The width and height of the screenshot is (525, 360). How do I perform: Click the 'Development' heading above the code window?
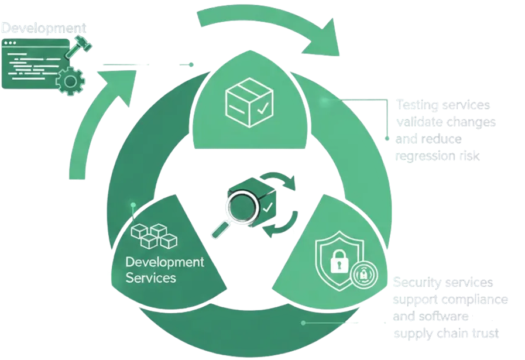click(44, 28)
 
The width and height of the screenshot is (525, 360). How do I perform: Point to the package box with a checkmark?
click(249, 102)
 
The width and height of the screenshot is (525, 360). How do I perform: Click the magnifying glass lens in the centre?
click(239, 207)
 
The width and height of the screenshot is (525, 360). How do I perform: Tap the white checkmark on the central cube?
click(267, 207)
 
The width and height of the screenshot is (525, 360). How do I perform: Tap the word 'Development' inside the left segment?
click(164, 261)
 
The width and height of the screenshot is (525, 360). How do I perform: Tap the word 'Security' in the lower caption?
click(414, 283)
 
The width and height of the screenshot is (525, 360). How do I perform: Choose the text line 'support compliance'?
click(450, 299)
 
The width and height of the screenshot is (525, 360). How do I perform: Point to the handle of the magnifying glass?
click(218, 229)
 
